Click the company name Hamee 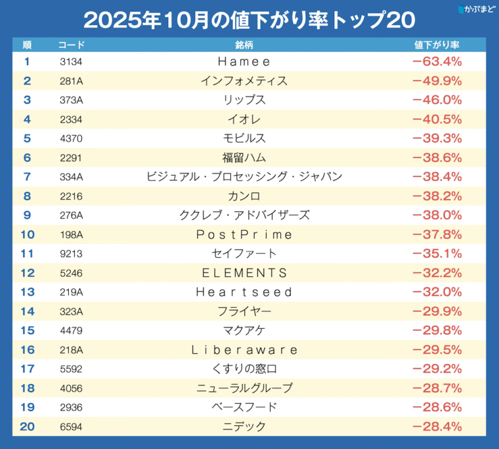point(244,62)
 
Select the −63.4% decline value point(437,62)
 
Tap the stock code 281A point(71,81)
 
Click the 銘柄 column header point(244,45)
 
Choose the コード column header point(71,45)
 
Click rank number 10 point(27,234)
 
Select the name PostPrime point(244,234)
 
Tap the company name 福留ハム point(244,158)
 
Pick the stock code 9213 point(71,253)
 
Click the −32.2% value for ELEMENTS point(437,272)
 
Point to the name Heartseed point(244,291)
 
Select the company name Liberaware point(244,350)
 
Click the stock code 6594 point(71,427)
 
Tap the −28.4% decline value point(437,427)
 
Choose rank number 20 point(27,427)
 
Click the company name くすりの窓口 point(244,369)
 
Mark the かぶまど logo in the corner point(475,10)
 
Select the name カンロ point(244,196)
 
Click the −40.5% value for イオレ point(437,119)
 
